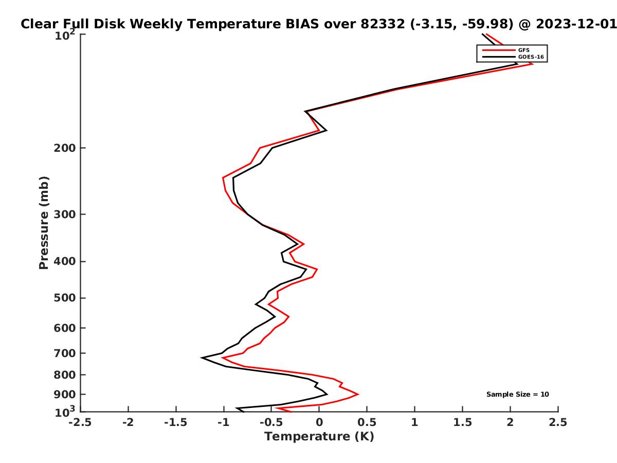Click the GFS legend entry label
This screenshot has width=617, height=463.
click(x=523, y=50)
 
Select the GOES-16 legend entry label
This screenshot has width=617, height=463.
click(x=531, y=57)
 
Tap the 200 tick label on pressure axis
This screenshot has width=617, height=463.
click(x=65, y=148)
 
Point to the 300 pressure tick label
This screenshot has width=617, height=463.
click(x=65, y=214)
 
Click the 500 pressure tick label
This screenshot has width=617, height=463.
click(x=65, y=298)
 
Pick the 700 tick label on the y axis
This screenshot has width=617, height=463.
click(x=65, y=353)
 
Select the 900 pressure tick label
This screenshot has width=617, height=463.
click(x=65, y=395)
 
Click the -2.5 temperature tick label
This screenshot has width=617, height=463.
click(x=80, y=422)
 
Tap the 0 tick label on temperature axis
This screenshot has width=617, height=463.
click(x=319, y=422)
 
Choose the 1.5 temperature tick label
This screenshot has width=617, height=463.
click(x=462, y=422)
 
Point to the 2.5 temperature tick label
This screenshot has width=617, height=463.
click(x=558, y=422)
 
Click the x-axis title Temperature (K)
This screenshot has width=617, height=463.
click(x=319, y=437)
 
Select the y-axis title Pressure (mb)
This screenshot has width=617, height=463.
click(x=44, y=223)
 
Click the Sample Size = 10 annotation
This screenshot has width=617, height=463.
click(x=517, y=394)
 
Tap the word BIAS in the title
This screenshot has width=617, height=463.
click(x=302, y=24)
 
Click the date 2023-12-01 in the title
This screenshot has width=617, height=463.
click(x=576, y=24)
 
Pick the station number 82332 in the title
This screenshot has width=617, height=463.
click(x=383, y=24)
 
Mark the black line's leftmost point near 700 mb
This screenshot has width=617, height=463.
click(x=202, y=358)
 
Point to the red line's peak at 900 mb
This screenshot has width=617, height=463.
click(x=358, y=394)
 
